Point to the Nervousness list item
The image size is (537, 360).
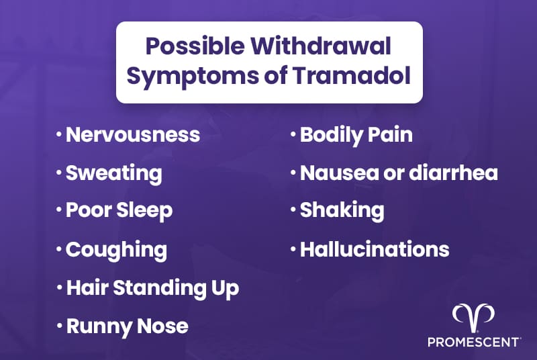click(x=132, y=134)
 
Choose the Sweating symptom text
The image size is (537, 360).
click(x=113, y=173)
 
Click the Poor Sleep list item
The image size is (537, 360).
click(x=119, y=210)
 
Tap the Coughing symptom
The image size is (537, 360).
click(x=116, y=250)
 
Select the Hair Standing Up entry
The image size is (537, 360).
click(x=152, y=288)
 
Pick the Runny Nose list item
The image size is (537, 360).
click(x=127, y=326)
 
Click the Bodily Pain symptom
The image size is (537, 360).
click(x=356, y=134)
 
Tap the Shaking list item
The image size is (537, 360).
click(x=342, y=210)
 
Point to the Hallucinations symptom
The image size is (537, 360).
click(x=374, y=250)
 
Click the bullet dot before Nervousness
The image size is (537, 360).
click(x=58, y=135)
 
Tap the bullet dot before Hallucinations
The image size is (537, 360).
click(x=293, y=251)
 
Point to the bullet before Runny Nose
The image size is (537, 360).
click(x=58, y=327)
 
